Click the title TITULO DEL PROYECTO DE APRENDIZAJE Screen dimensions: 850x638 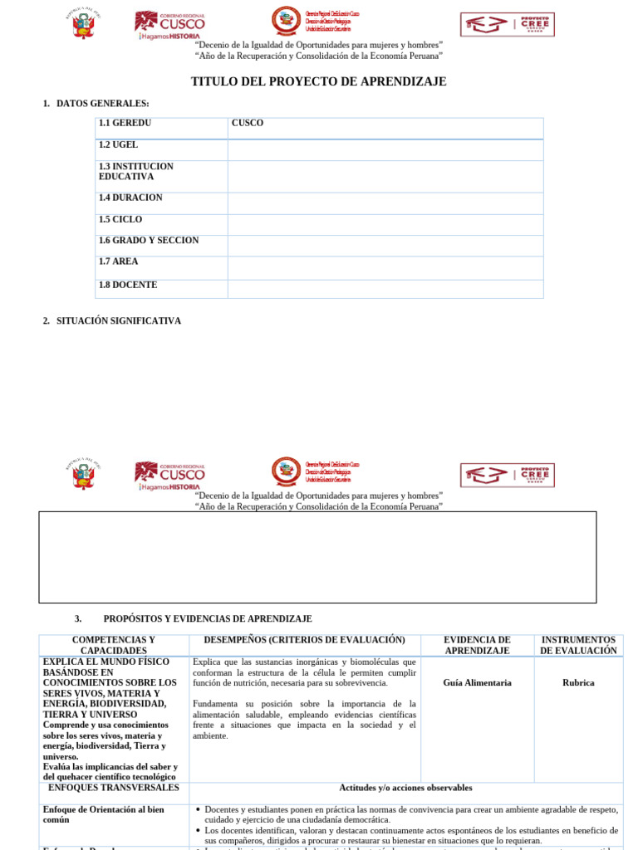319,81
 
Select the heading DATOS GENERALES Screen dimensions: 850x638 102,103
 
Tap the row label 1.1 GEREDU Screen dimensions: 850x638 125,123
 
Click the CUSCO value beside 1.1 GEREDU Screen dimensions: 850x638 248,123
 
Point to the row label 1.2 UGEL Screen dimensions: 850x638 119,144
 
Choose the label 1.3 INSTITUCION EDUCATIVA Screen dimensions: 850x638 136,171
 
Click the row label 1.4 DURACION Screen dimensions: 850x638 130,198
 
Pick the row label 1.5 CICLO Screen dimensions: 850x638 120,219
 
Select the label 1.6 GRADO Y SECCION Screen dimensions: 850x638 149,240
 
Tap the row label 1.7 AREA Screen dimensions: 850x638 119,261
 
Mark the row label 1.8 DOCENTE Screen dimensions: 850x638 128,285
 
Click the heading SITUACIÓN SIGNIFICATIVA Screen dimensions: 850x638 118,320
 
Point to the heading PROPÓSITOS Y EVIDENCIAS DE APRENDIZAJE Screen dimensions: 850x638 208,619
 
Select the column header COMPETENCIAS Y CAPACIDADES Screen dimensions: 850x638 114,645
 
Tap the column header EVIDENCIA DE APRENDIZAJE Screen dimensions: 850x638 477,645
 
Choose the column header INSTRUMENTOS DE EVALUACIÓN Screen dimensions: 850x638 578,645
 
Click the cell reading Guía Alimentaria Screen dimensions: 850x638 478,683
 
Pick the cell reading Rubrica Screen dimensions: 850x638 578,683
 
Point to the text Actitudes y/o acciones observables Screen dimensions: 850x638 405,788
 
